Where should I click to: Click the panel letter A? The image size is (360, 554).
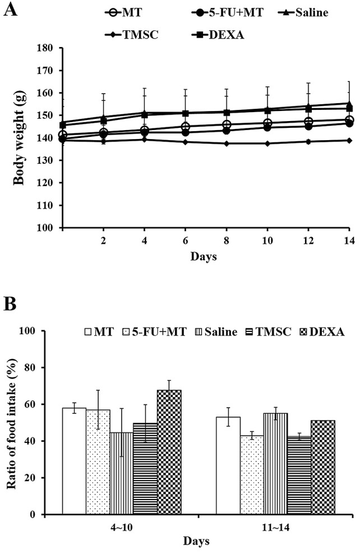(x=10, y=10)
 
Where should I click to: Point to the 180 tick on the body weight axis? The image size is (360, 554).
(x=48, y=48)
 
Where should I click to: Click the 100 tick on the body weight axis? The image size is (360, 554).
(x=48, y=228)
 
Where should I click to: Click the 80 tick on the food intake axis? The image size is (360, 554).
(x=45, y=368)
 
